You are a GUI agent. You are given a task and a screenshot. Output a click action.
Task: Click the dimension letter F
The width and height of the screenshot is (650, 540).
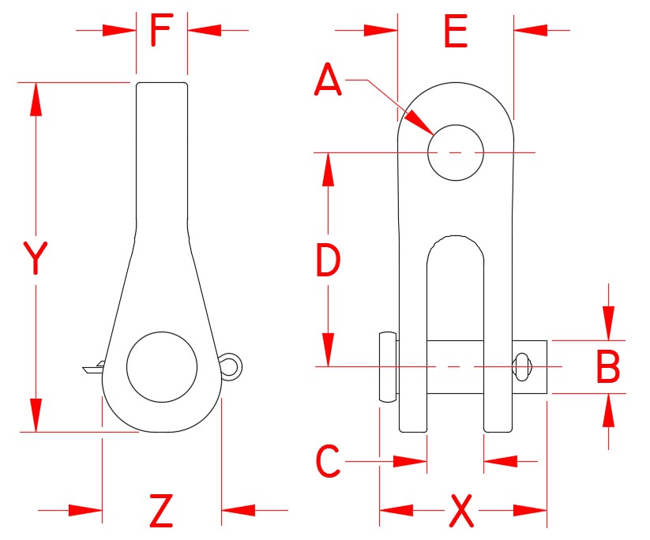point(161,32)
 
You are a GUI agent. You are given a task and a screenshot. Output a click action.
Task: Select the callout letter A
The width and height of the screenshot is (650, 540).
point(327,81)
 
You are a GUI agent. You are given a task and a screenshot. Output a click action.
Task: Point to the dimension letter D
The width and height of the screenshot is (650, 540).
point(327,261)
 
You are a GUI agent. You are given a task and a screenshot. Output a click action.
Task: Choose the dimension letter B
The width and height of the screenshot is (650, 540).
point(607,367)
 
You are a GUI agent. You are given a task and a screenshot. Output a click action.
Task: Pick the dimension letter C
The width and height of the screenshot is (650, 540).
point(328,462)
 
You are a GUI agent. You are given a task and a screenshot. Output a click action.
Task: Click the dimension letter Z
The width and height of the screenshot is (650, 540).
point(161,512)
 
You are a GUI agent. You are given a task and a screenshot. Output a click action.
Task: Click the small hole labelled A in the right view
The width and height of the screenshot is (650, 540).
point(455,152)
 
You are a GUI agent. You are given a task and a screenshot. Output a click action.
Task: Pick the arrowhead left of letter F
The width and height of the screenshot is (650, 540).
point(118,31)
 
